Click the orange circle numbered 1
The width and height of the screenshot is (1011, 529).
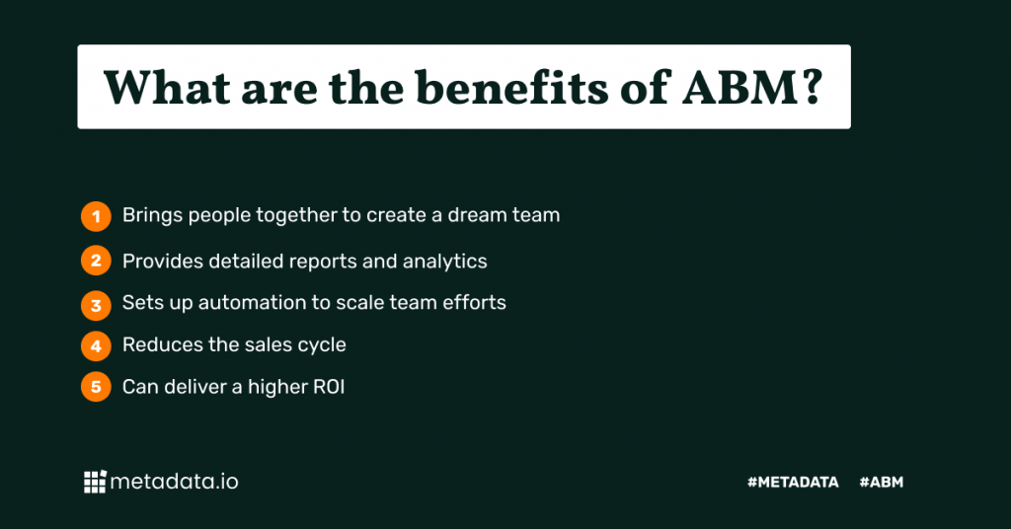pyautogui.click(x=96, y=216)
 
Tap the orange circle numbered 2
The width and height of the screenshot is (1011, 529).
pyautogui.click(x=96, y=261)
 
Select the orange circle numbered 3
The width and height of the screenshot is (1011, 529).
pyautogui.click(x=96, y=305)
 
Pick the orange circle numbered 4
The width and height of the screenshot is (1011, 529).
pyautogui.click(x=96, y=346)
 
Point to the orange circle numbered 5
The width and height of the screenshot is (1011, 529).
pyautogui.click(x=96, y=387)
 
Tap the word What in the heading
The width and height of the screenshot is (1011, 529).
pyautogui.click(x=167, y=88)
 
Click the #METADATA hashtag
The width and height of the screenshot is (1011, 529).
pyautogui.click(x=793, y=482)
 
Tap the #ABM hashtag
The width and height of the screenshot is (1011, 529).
pyautogui.click(x=882, y=482)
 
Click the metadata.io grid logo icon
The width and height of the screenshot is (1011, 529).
pyautogui.click(x=95, y=482)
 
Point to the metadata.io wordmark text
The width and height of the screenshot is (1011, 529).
pyautogui.click(x=174, y=482)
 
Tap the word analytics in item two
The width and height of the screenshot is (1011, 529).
pyautogui.click(x=445, y=262)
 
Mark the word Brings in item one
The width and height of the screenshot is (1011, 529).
pyautogui.click(x=152, y=216)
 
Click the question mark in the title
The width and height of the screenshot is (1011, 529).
pyautogui.click(x=814, y=88)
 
